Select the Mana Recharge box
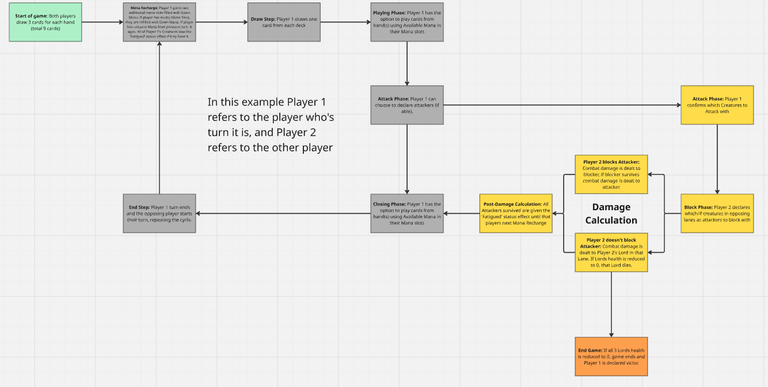pos(159,22)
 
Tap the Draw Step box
pos(283,22)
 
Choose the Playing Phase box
pos(407,22)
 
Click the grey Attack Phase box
pos(407,105)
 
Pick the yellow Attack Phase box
pos(717,105)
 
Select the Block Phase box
pos(717,213)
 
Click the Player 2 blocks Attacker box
pos(611,174)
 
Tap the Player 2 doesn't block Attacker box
pos(611,252)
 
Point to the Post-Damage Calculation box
pos(515,213)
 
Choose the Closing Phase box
pos(407,213)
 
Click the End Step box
pos(159,213)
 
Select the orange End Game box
pos(611,356)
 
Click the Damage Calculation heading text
pos(611,214)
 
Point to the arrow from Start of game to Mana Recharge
pos(102,22)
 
